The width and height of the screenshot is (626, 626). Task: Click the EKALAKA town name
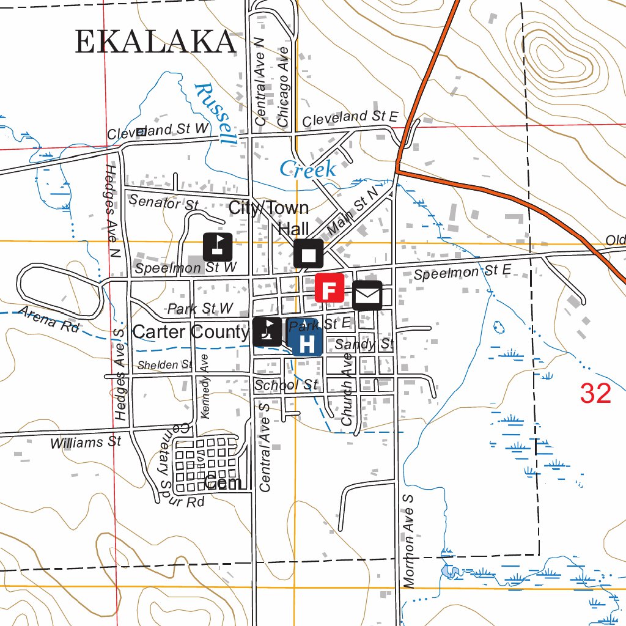click(x=155, y=42)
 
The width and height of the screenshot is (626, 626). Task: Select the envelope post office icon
click(x=367, y=296)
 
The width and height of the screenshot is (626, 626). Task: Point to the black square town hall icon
click(x=308, y=254)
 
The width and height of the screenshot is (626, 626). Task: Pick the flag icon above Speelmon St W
click(x=218, y=247)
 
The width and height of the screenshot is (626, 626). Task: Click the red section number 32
click(x=595, y=394)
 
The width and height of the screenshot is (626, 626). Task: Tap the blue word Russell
click(x=215, y=114)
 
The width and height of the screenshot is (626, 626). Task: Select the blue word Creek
click(x=307, y=169)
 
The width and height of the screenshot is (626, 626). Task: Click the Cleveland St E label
click(x=350, y=118)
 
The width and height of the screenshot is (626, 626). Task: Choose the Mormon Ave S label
click(x=409, y=542)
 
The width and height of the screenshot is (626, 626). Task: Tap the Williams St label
click(x=86, y=441)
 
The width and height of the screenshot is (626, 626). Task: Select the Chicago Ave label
click(x=283, y=86)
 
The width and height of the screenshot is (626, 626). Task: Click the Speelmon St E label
click(x=462, y=272)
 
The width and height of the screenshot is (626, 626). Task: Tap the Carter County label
click(x=190, y=332)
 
